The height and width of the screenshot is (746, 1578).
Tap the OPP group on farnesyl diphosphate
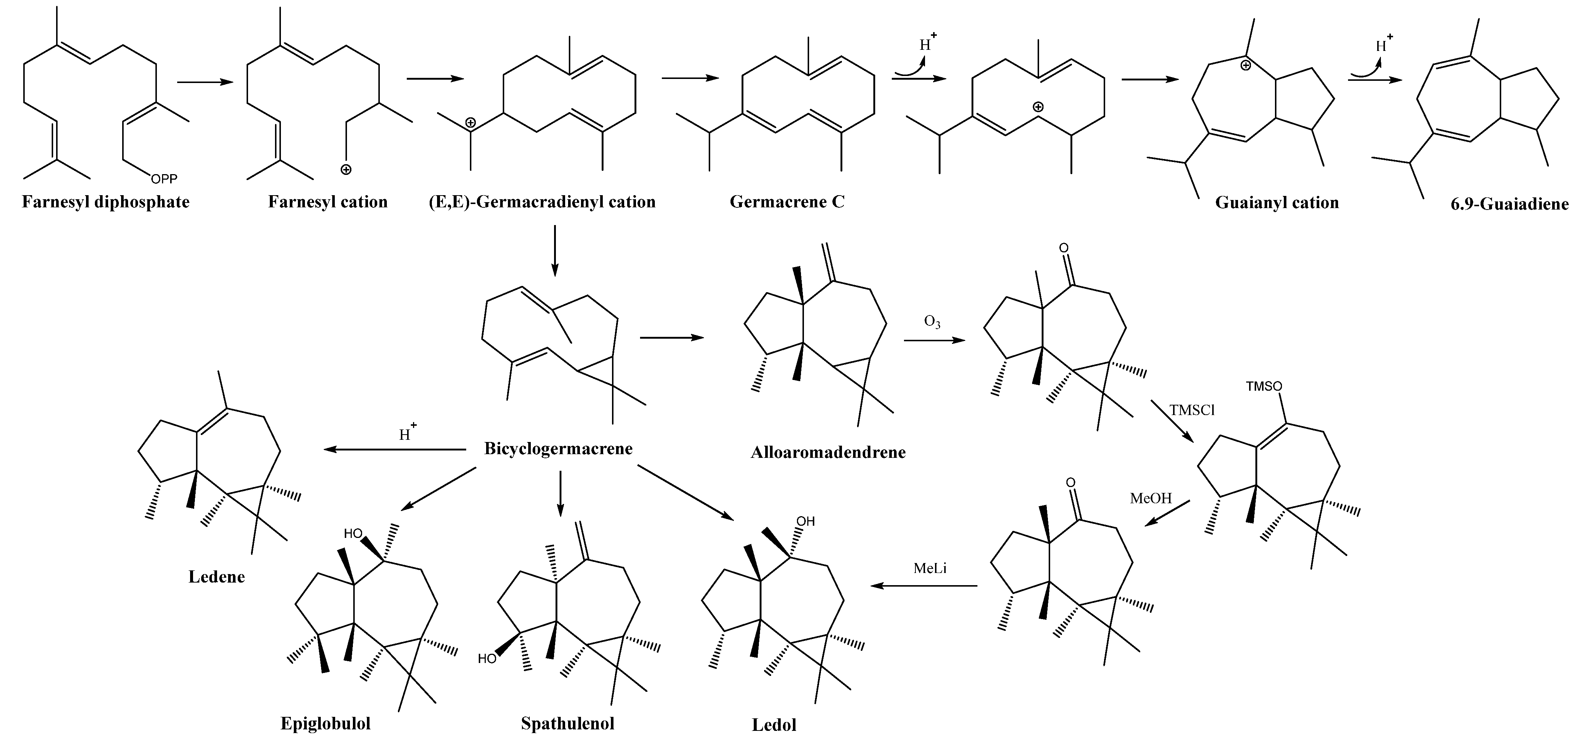(x=164, y=179)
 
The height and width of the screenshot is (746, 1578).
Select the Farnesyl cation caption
(x=328, y=202)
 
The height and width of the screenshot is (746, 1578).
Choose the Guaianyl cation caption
(x=1277, y=203)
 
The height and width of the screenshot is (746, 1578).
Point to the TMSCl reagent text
(x=1192, y=410)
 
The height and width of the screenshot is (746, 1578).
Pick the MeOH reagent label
(x=1151, y=498)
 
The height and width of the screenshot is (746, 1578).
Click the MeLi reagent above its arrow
(x=930, y=569)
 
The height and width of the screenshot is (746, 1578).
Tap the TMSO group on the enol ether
(x=1264, y=387)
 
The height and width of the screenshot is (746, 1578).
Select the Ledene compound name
(x=216, y=577)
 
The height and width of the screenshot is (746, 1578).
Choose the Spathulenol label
(x=567, y=723)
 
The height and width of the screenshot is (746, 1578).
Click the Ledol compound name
(x=774, y=725)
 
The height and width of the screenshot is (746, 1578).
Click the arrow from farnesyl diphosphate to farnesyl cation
(x=204, y=82)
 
